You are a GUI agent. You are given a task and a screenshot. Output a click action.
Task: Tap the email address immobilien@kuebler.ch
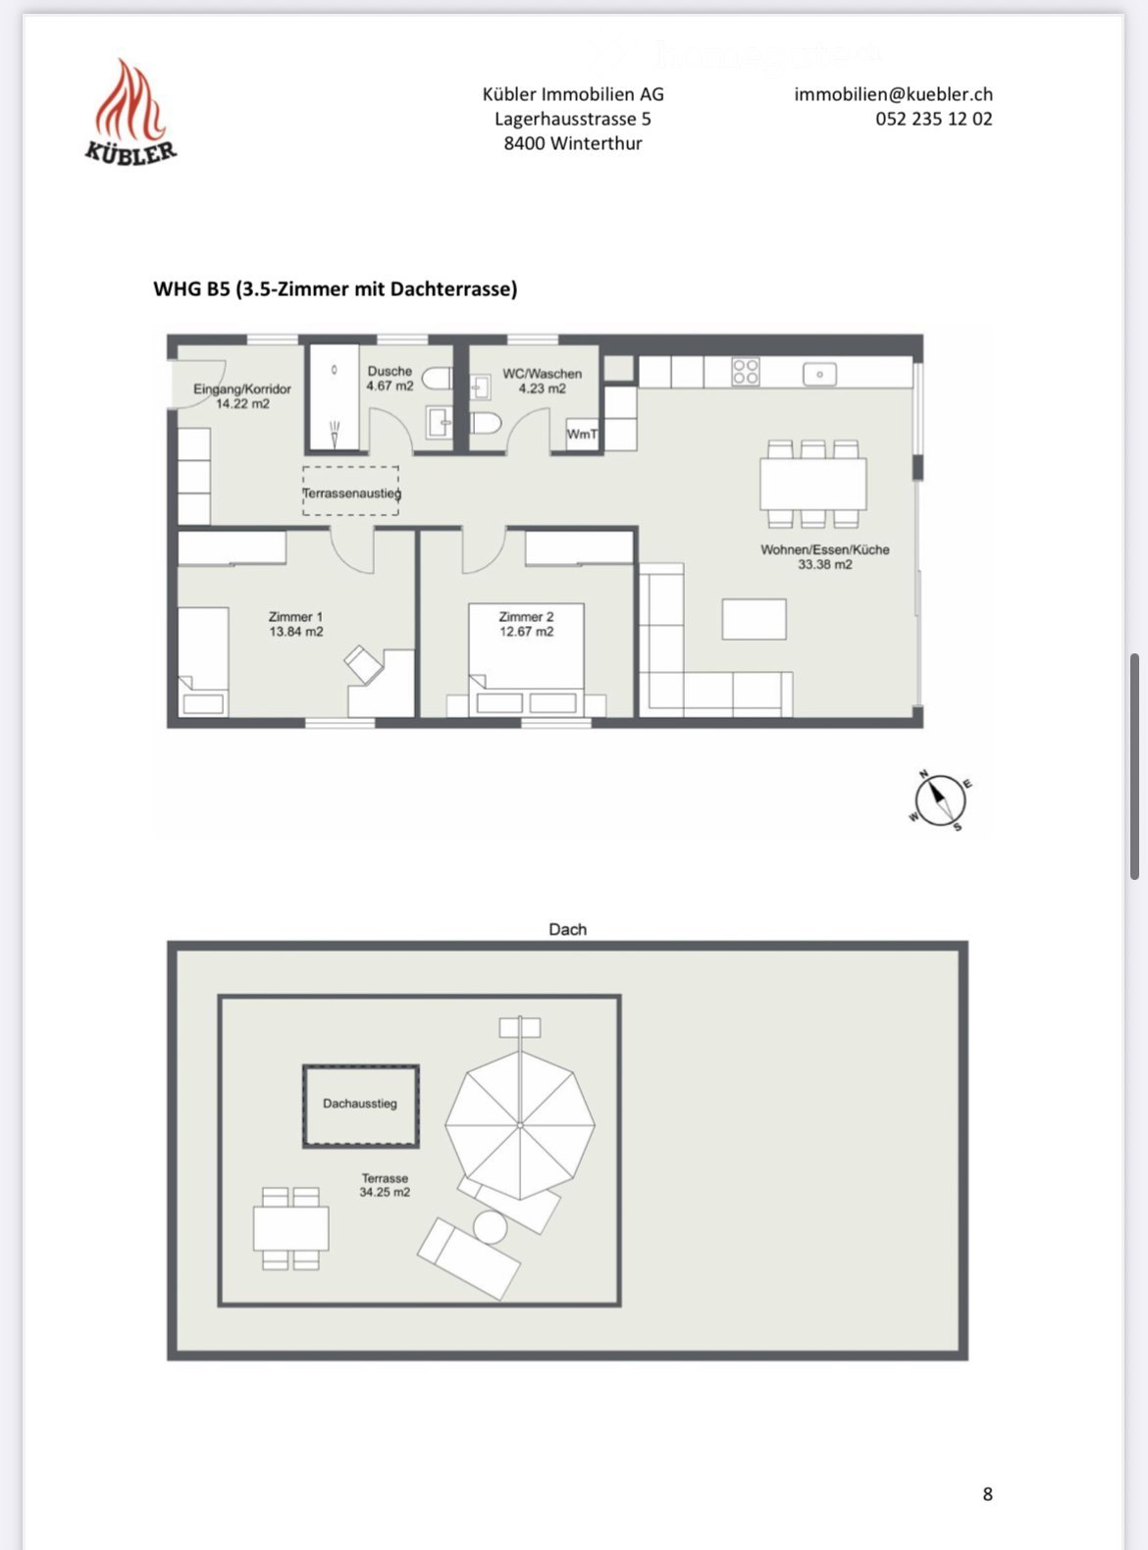tap(893, 94)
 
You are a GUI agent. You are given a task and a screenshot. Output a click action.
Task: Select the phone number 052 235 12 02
tap(933, 119)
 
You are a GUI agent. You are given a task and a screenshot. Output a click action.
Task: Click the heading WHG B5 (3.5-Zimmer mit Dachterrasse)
tap(336, 288)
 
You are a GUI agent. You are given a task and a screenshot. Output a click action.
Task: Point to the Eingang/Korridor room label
tap(242, 396)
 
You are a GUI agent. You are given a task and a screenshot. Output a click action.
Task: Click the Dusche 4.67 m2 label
tap(390, 379)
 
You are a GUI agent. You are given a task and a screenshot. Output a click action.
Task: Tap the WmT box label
tap(582, 434)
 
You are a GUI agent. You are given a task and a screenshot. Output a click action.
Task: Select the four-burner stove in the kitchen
tap(746, 372)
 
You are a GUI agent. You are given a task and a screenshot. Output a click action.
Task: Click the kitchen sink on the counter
tap(819, 374)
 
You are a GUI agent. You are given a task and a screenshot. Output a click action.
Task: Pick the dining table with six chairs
tap(812, 484)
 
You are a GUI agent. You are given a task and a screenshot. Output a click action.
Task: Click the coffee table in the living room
tap(754, 619)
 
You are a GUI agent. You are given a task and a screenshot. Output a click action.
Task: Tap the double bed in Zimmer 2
tap(526, 657)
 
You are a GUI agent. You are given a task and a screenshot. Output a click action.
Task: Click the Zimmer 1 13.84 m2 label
tap(295, 624)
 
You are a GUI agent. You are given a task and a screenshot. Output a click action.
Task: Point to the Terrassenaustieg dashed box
tap(350, 491)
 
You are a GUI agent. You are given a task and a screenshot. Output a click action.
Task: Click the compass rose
tap(939, 800)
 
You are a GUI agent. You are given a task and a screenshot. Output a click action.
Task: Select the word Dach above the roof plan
tap(567, 929)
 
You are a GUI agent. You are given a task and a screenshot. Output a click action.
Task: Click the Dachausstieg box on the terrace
tap(360, 1106)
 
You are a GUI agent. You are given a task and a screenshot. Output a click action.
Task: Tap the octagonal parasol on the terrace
tap(520, 1124)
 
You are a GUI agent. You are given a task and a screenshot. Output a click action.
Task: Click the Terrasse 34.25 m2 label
tap(385, 1185)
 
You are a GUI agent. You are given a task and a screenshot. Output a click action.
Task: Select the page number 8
tap(987, 1493)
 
